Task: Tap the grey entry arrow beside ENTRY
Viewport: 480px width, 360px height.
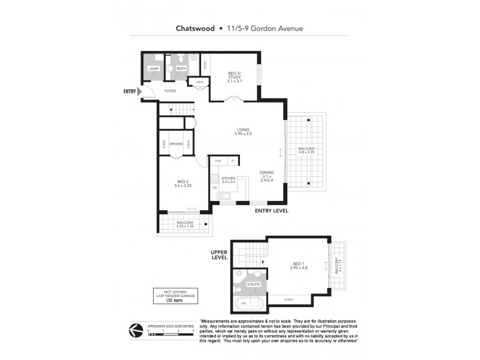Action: [x=140, y=92]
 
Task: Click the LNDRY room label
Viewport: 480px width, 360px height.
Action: [x=152, y=69]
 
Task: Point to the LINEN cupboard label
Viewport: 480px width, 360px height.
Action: [x=199, y=82]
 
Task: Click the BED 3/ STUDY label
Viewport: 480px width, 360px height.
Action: [x=235, y=77]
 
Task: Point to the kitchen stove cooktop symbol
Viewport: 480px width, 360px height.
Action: [x=215, y=178]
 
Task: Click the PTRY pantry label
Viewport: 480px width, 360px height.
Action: [x=218, y=161]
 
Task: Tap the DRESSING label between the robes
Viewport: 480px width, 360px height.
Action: [x=176, y=144]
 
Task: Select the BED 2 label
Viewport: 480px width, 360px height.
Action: [x=183, y=184]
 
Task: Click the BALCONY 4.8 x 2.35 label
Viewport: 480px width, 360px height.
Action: [x=307, y=151]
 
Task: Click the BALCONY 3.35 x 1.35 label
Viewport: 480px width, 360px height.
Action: [x=185, y=225]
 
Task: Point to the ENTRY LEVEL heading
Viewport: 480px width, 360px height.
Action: [x=271, y=211]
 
